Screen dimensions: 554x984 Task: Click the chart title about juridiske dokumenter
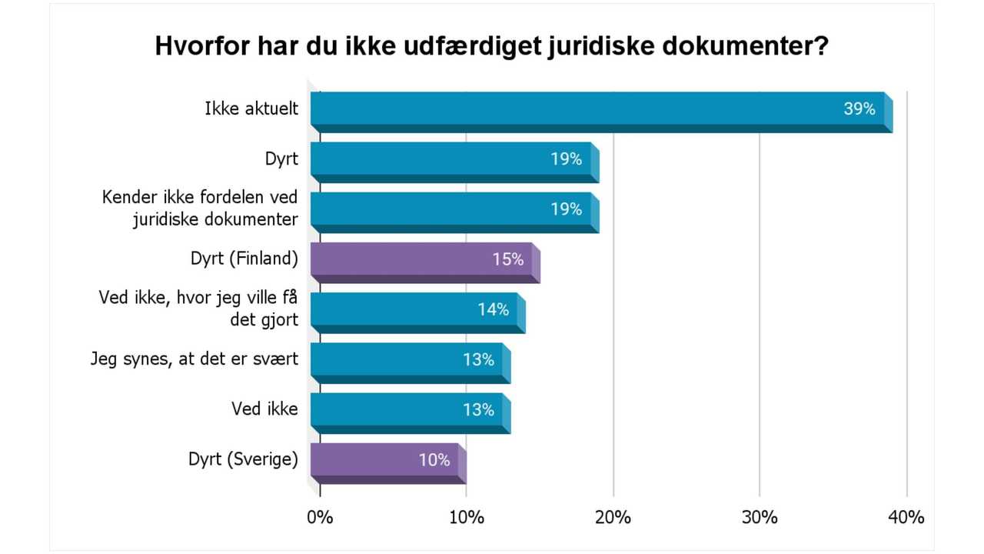click(492, 45)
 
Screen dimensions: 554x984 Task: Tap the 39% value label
click(859, 109)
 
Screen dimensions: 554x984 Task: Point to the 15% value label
click(508, 259)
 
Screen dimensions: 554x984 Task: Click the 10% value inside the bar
click(434, 460)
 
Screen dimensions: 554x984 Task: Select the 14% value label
click(493, 309)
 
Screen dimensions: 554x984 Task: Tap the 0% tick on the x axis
click(320, 517)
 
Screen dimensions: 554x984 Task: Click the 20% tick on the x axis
click(613, 517)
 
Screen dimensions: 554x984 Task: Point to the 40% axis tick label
click(906, 517)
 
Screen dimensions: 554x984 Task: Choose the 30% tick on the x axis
click(760, 517)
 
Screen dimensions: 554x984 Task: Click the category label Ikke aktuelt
click(251, 109)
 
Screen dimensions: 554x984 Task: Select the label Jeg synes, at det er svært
click(194, 359)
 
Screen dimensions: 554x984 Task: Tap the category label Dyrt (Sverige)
click(243, 460)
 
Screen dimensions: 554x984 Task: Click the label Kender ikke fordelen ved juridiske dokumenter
click(200, 209)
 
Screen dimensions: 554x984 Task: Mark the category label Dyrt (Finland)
click(244, 259)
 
